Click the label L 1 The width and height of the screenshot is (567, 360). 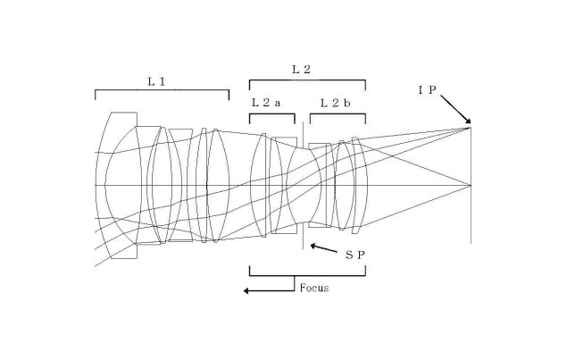[x=156, y=80]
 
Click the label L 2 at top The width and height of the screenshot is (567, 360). [x=301, y=68]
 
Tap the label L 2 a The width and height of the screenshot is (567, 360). [x=266, y=103]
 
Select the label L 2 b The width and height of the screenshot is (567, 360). [x=336, y=103]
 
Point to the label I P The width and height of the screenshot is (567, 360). [x=427, y=89]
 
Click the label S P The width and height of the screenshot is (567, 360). [x=355, y=255]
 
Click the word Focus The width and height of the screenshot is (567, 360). [x=313, y=288]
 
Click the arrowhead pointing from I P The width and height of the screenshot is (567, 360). [x=468, y=125]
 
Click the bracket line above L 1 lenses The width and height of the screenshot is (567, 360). [x=161, y=90]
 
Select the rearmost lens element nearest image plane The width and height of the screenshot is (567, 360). [x=358, y=185]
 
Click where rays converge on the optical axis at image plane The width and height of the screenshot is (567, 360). [x=471, y=185]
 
